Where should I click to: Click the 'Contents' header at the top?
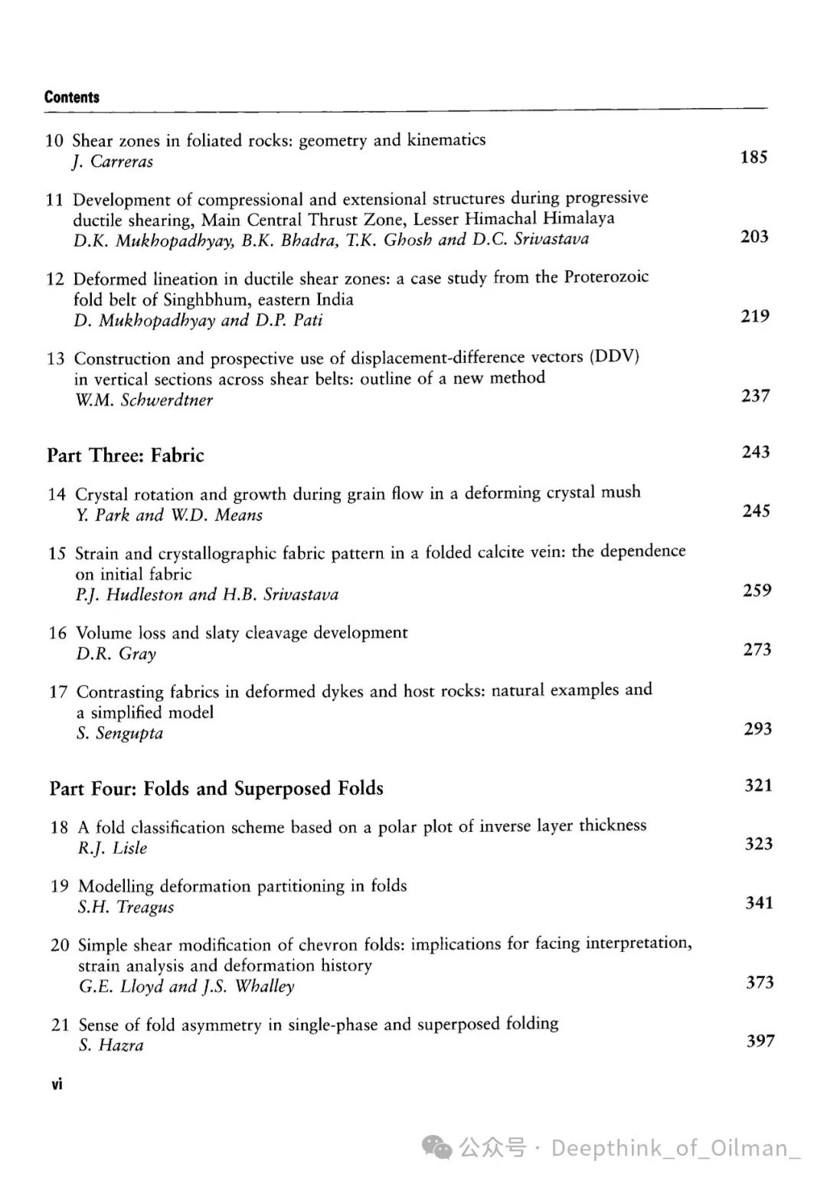[72, 97]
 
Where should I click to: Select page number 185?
[753, 157]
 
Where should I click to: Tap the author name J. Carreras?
[113, 162]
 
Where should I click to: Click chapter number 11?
[54, 200]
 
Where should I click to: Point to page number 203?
[754, 237]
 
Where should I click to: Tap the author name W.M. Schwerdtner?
[144, 400]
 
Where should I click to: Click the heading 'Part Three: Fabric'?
[126, 456]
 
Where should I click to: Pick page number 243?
[755, 452]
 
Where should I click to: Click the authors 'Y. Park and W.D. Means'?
[169, 515]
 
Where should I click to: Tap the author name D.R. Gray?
[116, 654]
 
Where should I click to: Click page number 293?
[757, 728]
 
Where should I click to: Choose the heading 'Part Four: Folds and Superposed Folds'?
[217, 789]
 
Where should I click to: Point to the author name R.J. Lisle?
[113, 849]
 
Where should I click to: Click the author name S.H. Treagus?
[126, 908]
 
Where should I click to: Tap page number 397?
[760, 1041]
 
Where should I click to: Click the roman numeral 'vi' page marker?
[57, 1084]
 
